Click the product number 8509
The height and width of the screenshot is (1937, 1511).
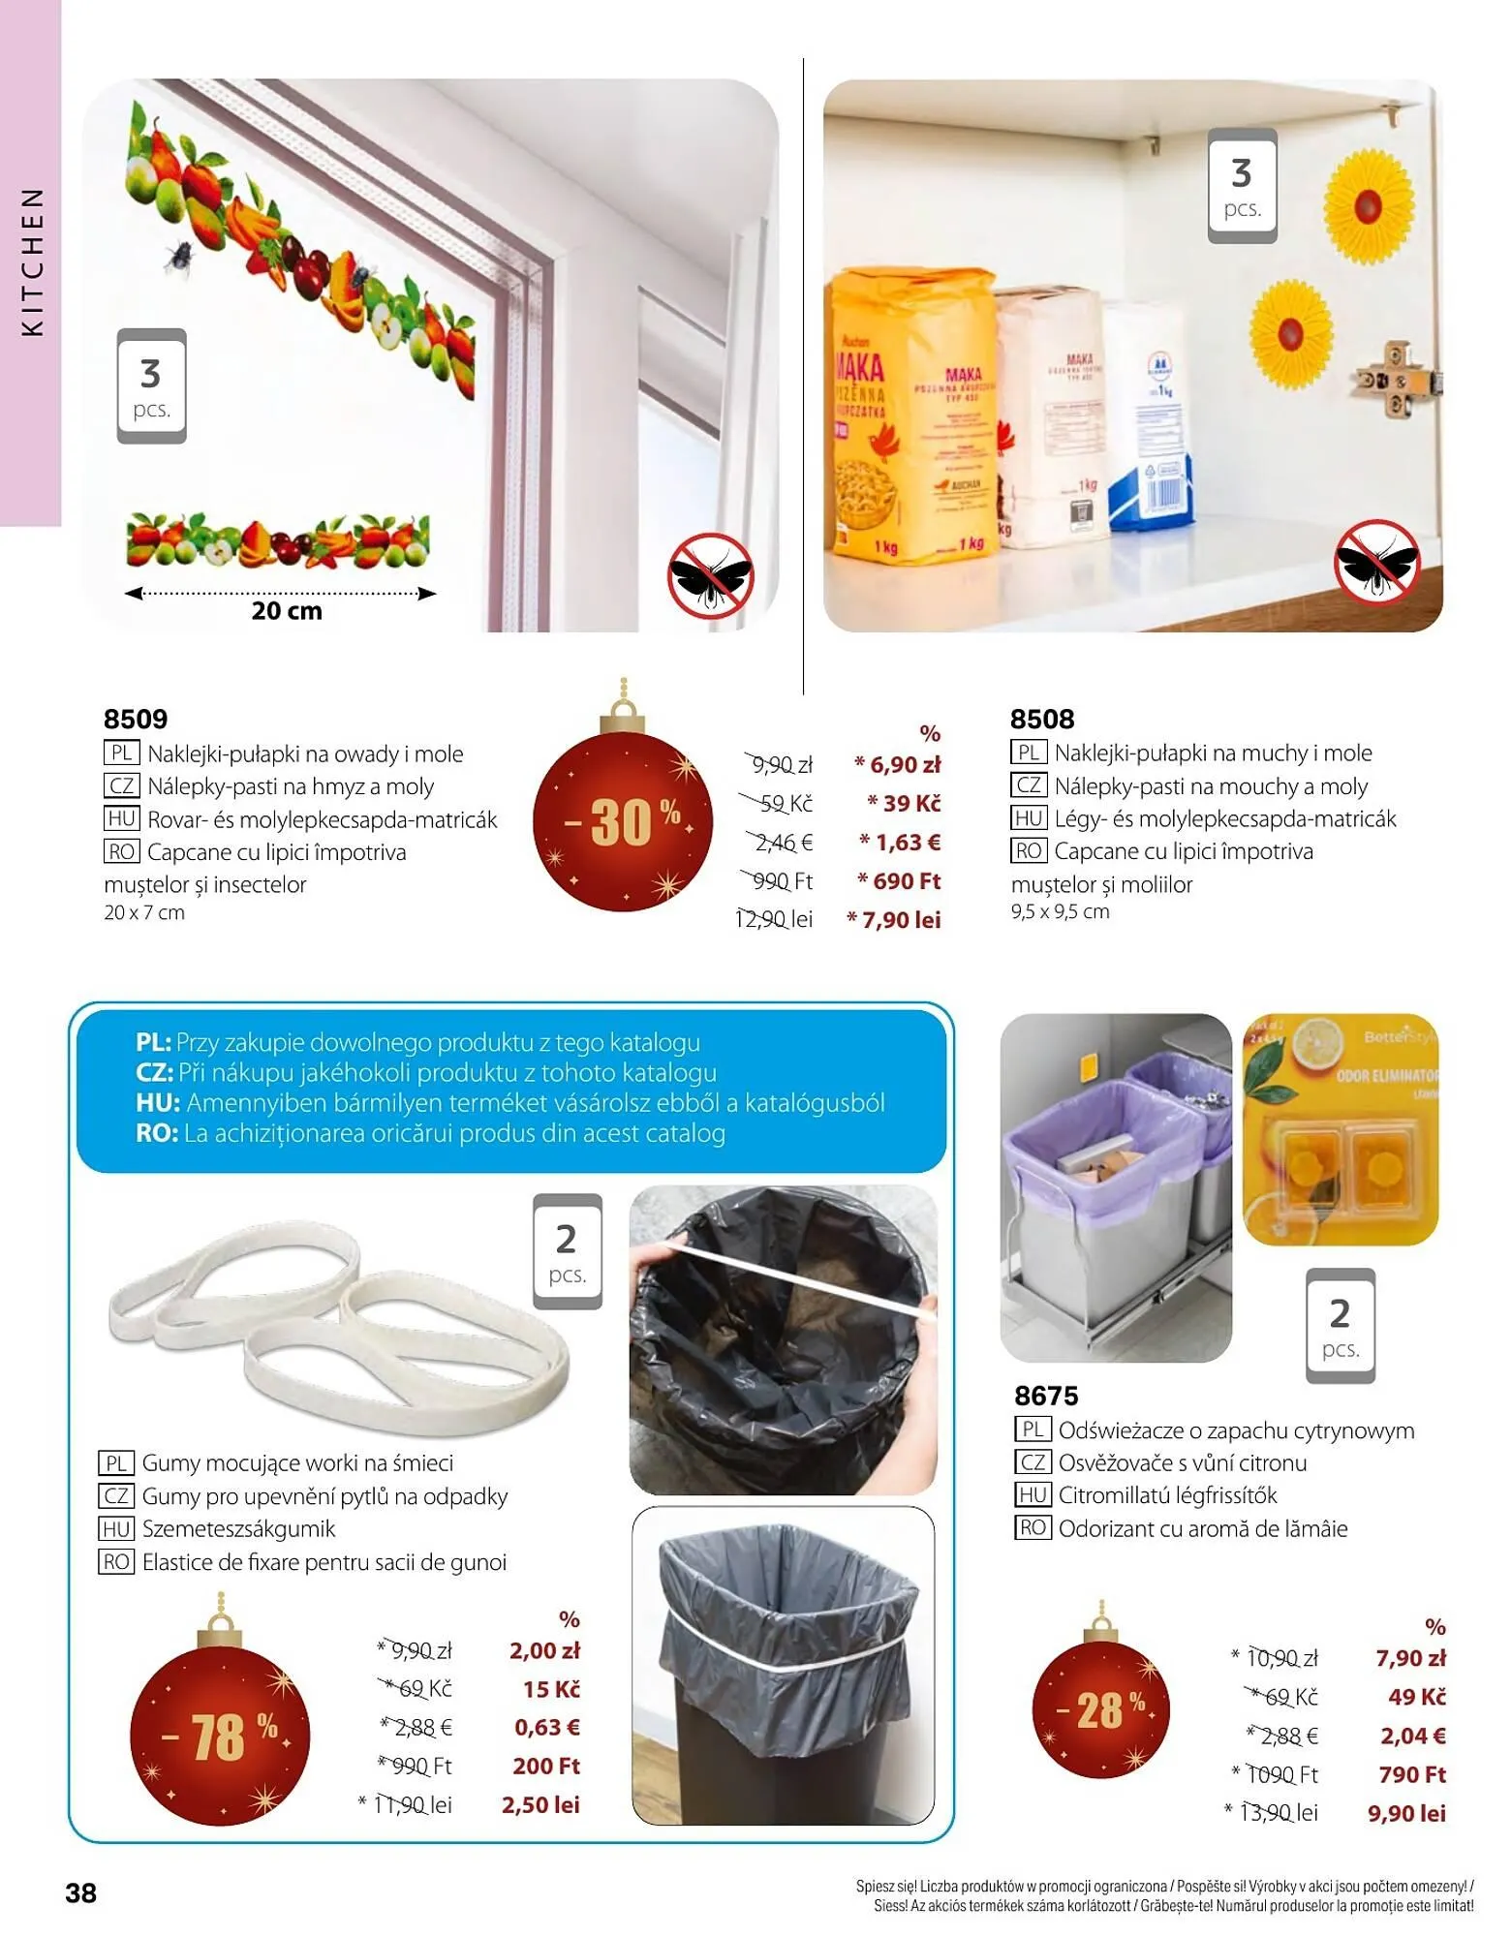136,719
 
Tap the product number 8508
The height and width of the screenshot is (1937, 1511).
1042,719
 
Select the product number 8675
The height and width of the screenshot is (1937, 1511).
1046,1396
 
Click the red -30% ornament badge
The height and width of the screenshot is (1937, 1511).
623,820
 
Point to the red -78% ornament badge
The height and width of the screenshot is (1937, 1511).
220,1736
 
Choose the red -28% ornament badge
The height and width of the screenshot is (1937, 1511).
1100,1710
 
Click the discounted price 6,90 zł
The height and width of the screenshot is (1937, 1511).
898,764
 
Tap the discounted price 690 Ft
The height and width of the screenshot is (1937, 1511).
900,881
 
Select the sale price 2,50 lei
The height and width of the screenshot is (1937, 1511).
540,1804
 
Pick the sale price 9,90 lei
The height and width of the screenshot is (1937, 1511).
1406,1813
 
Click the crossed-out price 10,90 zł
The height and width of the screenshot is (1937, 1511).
1281,1658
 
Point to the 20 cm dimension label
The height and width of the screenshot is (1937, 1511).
287,611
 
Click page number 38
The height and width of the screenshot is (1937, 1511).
81,1893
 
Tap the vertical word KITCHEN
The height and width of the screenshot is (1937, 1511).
33,261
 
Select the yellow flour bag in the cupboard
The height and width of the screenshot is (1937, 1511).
910,416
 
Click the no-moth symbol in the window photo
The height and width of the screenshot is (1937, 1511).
710,575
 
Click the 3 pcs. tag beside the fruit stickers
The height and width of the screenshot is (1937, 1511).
151,386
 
